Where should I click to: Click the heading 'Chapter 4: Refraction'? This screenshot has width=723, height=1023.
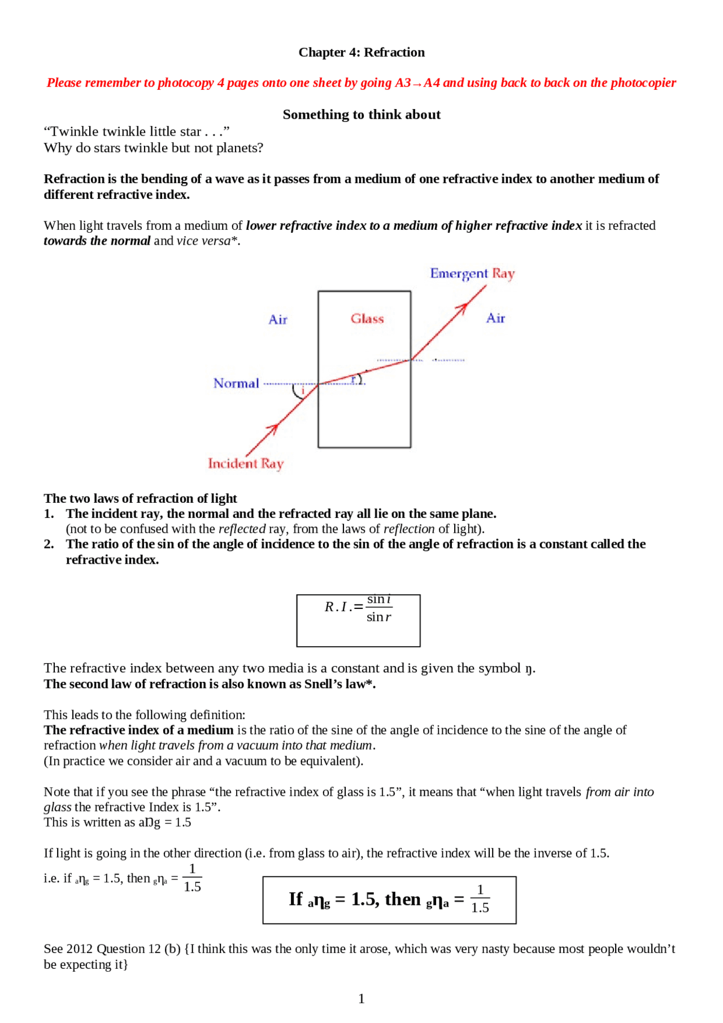click(361, 53)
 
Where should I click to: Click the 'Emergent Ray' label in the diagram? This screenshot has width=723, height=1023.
click(472, 273)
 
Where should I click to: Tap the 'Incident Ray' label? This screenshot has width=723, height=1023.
click(246, 464)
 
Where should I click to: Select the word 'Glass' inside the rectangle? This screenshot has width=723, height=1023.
click(367, 319)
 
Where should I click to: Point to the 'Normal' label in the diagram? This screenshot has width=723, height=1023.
click(236, 384)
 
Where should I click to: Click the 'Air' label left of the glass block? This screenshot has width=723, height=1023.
click(278, 320)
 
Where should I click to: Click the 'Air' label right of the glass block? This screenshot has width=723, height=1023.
click(495, 318)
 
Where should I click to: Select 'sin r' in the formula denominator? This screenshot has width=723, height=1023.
click(378, 617)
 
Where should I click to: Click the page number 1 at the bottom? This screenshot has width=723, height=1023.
click(361, 999)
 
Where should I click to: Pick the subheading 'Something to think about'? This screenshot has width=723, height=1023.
click(361, 115)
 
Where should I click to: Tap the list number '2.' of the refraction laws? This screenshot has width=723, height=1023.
click(49, 544)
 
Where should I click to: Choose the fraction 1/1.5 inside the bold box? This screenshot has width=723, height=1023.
click(480, 899)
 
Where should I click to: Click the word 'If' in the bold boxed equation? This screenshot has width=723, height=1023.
click(296, 899)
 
